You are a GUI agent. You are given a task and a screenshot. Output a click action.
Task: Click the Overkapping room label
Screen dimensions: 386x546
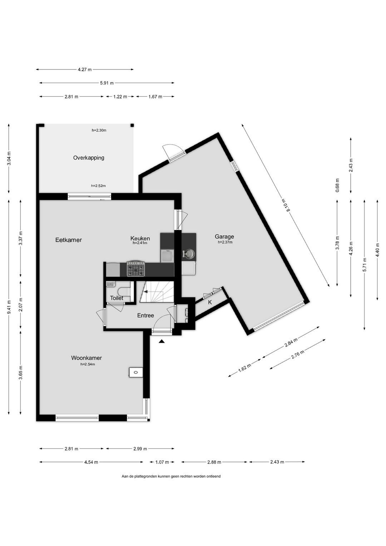tap(89, 158)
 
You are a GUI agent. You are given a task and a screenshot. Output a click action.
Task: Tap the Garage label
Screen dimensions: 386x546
tap(224, 237)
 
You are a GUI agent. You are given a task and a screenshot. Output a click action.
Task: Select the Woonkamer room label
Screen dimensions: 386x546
tap(86, 358)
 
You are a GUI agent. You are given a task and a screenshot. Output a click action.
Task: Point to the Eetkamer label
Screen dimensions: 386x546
tap(68, 240)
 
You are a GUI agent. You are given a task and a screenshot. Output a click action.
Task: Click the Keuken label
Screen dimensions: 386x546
tap(140, 238)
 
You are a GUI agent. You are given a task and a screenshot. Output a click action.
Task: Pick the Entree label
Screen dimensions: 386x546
tap(145, 316)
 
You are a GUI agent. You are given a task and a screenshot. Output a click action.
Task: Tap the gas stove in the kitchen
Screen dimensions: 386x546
tap(135, 269)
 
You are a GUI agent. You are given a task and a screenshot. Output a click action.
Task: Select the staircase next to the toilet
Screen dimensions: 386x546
tap(157, 292)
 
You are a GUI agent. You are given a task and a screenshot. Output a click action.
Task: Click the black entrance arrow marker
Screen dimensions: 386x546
tap(162, 342)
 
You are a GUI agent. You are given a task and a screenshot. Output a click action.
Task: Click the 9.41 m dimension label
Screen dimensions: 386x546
tap(9, 307)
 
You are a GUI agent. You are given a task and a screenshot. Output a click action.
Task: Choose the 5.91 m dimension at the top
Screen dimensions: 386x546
tap(107, 83)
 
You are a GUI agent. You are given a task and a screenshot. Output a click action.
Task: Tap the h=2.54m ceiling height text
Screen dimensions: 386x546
tap(88, 364)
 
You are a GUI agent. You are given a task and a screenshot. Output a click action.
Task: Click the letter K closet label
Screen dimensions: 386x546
tap(210, 302)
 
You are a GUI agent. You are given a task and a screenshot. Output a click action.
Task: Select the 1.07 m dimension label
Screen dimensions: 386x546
tap(162, 462)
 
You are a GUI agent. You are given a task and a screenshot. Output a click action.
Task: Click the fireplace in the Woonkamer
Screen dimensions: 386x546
tap(136, 372)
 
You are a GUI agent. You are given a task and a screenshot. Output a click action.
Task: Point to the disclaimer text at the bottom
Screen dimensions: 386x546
tap(171, 476)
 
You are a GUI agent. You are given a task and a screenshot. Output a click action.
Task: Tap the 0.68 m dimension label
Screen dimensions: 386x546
tap(337, 185)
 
